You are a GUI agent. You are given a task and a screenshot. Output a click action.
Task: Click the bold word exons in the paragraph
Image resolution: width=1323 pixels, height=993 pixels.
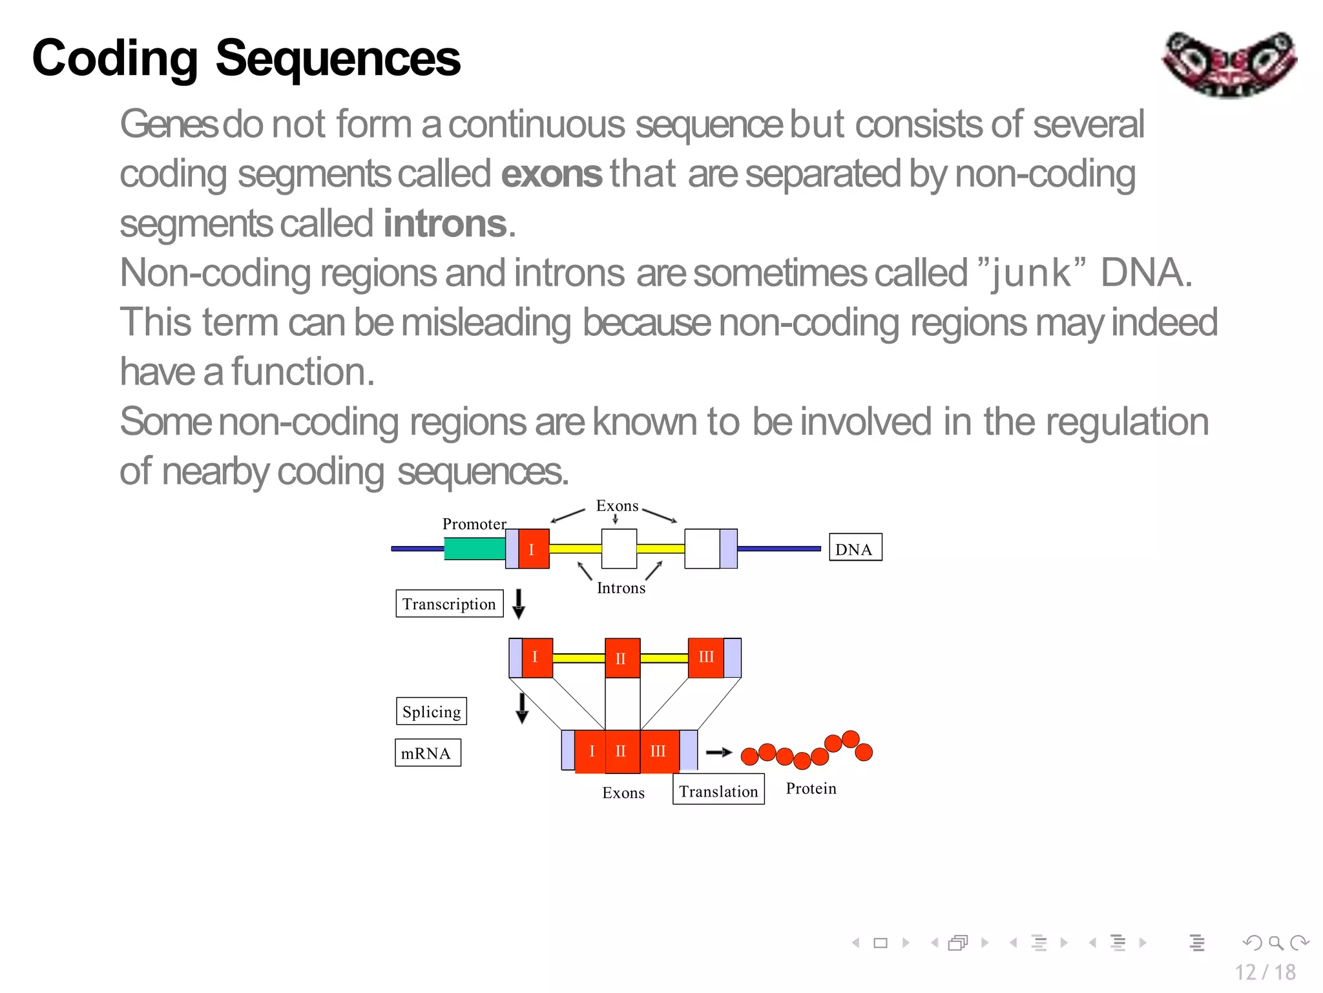[x=551, y=174]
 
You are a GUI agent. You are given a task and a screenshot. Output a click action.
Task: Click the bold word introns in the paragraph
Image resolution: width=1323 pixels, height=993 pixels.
[x=444, y=224]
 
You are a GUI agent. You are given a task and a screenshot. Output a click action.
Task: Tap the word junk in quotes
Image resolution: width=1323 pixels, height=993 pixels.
[x=1031, y=273]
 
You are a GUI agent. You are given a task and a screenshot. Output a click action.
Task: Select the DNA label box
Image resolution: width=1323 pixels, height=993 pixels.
[x=855, y=547]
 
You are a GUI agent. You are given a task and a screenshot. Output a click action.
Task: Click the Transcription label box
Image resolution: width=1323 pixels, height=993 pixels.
[x=449, y=603]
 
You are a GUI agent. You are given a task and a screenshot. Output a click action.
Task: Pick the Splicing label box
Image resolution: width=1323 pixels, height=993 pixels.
[x=431, y=711]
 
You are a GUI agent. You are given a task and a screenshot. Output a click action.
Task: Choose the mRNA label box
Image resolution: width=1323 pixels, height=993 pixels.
[x=427, y=753]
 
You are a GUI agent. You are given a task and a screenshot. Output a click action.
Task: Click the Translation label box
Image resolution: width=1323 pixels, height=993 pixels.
[x=718, y=790]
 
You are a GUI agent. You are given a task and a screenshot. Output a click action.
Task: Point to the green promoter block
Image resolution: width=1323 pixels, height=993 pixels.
[x=475, y=549]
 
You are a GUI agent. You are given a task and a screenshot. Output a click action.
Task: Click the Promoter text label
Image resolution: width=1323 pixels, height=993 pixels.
[x=474, y=524]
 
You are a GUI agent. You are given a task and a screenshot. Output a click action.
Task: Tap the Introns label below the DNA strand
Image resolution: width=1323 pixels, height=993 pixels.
[x=620, y=588]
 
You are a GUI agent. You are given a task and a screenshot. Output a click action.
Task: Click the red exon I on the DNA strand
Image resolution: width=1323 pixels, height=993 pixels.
[x=534, y=549]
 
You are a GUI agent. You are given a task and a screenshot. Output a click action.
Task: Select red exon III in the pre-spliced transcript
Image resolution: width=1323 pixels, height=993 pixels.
[x=705, y=658]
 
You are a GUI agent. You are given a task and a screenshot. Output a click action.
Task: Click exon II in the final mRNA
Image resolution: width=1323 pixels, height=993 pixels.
[x=621, y=751]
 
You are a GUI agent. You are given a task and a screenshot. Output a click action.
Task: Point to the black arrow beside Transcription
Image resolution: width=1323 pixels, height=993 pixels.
[x=518, y=603]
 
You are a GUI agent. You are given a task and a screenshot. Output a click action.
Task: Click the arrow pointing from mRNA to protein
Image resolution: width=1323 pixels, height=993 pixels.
[x=718, y=752]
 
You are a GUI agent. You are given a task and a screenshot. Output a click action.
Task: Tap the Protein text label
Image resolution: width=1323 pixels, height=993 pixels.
[x=811, y=789]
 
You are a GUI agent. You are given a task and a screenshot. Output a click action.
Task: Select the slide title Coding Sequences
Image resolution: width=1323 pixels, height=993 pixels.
[x=246, y=58]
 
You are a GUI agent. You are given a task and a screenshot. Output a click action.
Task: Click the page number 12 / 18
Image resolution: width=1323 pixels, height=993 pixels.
[x=1264, y=972]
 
